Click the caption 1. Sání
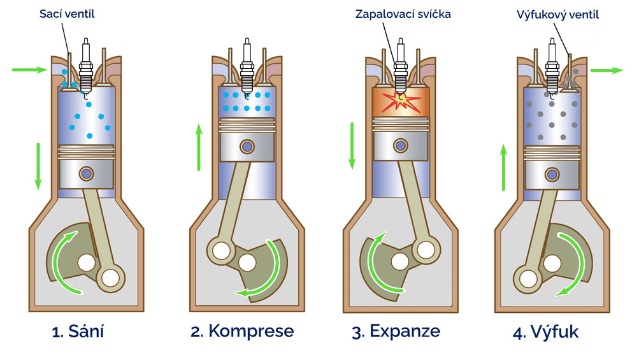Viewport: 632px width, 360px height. coord(78,331)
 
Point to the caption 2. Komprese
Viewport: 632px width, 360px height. coord(242,331)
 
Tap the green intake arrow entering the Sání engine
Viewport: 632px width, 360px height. coord(29,69)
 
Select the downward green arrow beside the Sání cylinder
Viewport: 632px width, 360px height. coord(38,166)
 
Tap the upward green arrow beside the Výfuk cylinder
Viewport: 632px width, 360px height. coord(503,168)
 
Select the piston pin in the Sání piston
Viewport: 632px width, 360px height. coord(86,173)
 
